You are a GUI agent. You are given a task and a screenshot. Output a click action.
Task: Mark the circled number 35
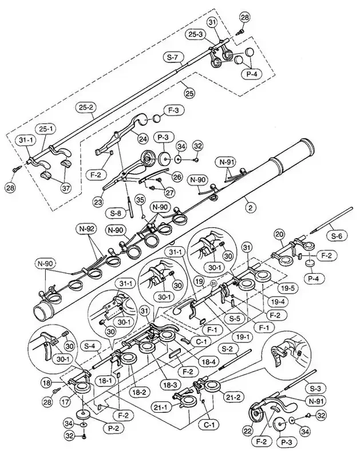[137, 200]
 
